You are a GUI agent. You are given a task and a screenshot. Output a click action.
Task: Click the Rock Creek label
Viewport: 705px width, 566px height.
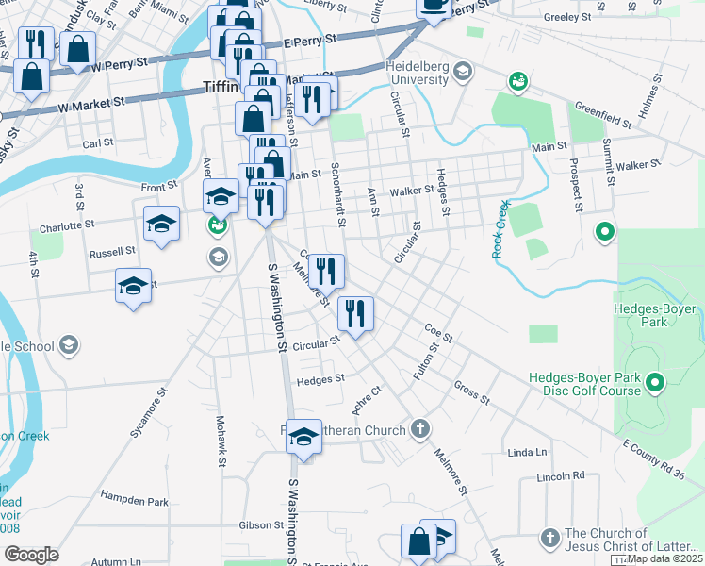500,229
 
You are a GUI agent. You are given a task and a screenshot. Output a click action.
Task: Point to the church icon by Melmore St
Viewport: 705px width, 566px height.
421,430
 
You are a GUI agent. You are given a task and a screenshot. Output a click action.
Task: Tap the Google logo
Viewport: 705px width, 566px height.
32,555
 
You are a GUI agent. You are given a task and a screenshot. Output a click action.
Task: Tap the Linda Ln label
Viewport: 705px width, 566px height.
527,453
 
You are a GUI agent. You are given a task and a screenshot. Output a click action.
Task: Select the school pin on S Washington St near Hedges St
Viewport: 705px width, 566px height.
303,437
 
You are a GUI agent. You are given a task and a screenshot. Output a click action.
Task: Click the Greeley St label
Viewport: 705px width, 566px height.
568,17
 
